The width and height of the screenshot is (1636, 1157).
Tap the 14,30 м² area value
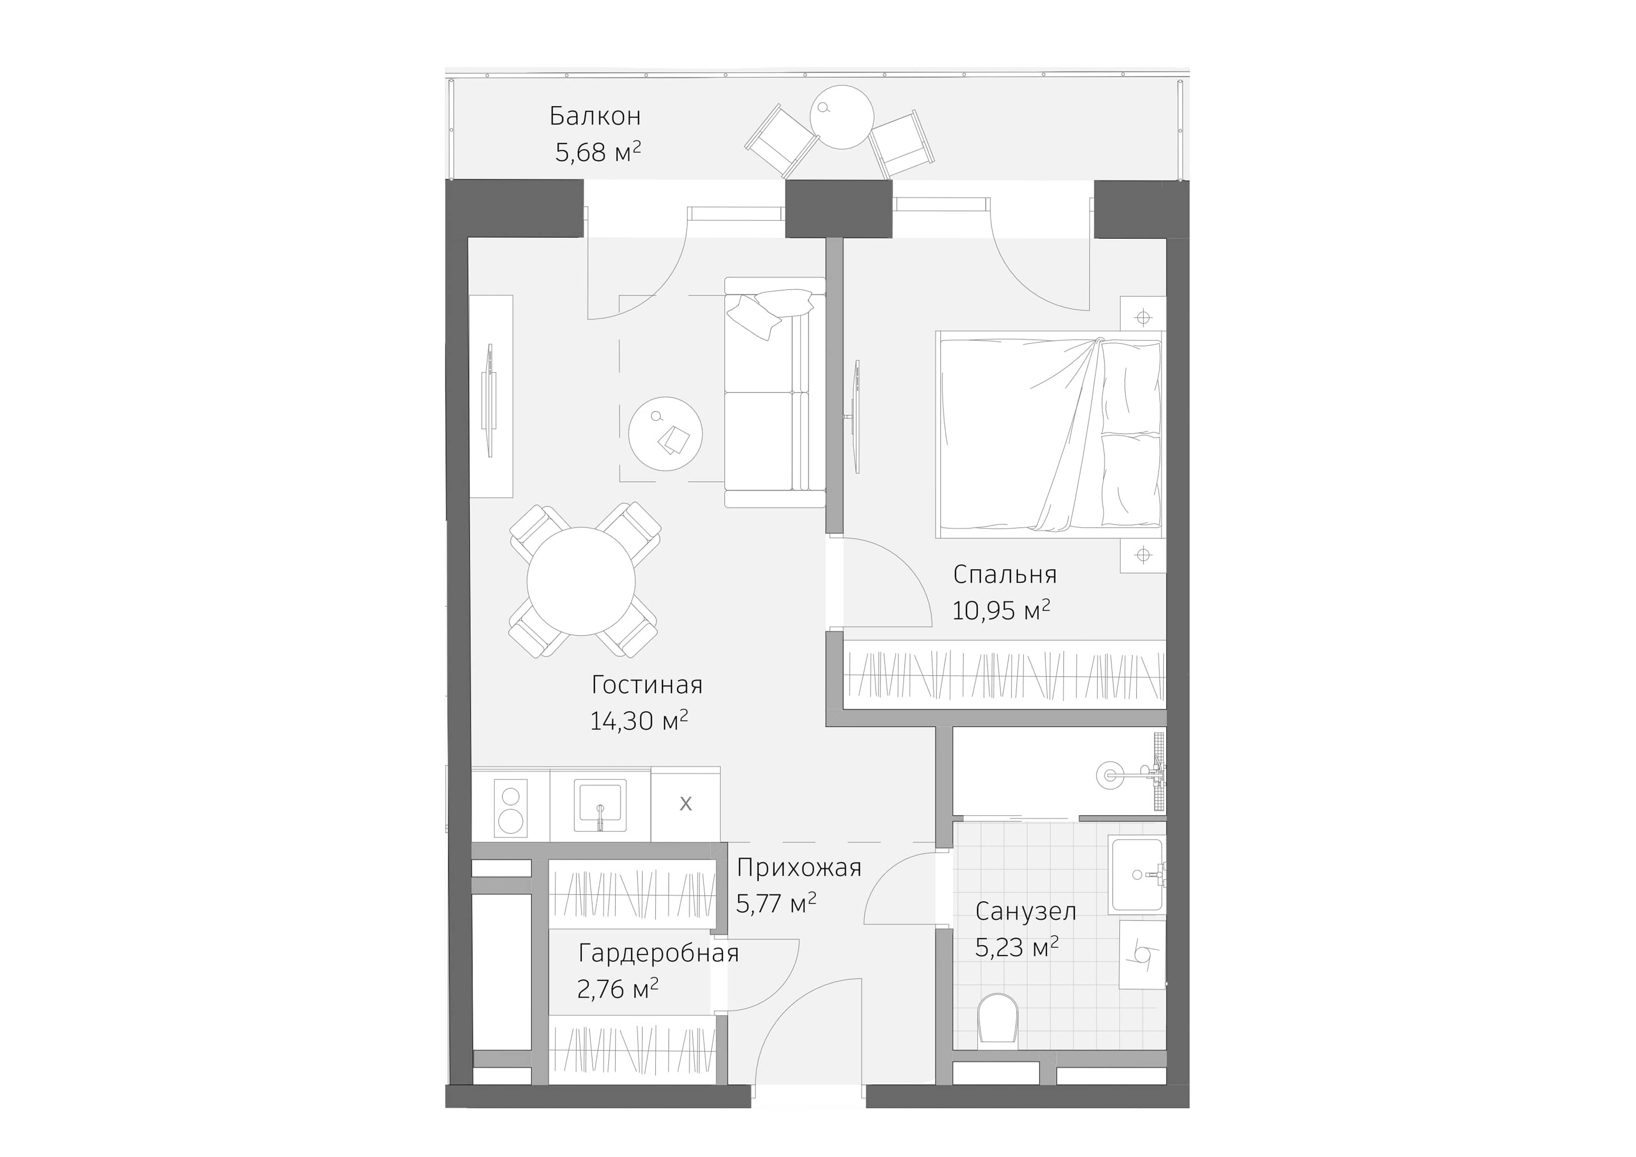click(638, 721)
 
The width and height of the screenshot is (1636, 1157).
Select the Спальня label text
click(1004, 574)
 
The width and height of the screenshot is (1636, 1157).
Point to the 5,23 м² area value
click(1016, 948)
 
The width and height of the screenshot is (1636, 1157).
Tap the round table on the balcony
click(841, 117)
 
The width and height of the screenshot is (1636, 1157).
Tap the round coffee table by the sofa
click(665, 434)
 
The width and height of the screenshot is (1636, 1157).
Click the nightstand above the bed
click(1143, 318)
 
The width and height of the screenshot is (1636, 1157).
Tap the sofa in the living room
click(775, 392)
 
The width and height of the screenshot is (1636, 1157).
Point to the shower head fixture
click(1109, 775)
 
